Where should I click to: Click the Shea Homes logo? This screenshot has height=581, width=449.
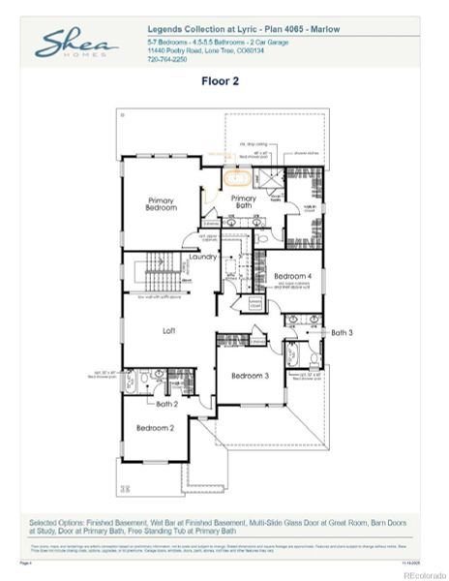(76, 45)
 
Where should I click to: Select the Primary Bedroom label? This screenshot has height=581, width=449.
(162, 204)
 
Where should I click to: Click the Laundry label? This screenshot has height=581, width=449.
(202, 257)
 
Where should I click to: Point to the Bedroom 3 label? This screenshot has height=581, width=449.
(250, 375)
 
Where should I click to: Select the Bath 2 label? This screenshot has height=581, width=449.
(167, 403)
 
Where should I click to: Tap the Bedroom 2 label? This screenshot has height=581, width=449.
(155, 427)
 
